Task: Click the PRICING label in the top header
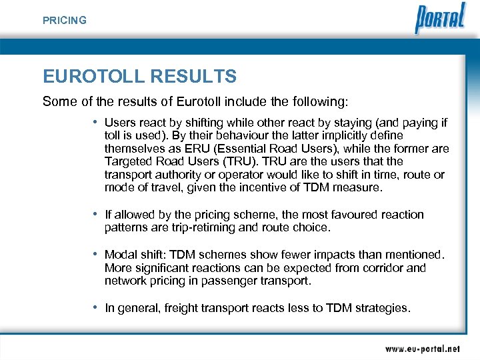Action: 65,21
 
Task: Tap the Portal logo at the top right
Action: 440,19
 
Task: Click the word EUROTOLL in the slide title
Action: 94,77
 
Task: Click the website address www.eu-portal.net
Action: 422,348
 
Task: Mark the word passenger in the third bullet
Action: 223,281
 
